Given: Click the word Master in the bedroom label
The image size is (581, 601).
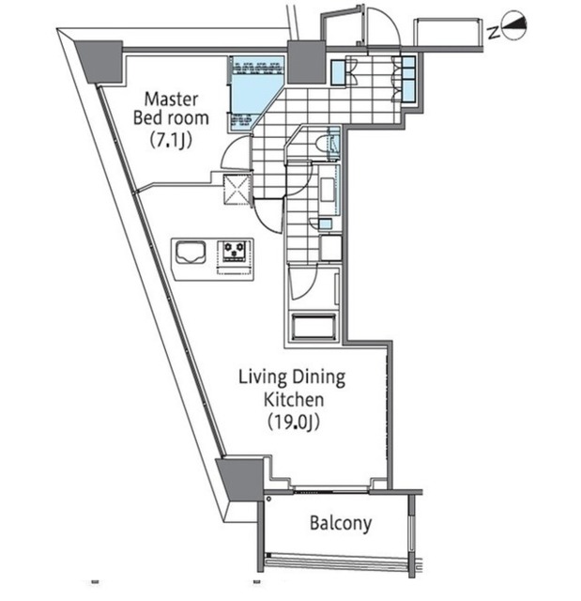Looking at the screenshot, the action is pyautogui.click(x=171, y=100).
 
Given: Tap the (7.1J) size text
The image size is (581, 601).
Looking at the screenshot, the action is pyautogui.click(x=171, y=140).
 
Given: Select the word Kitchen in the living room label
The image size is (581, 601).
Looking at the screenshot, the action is pyautogui.click(x=294, y=400).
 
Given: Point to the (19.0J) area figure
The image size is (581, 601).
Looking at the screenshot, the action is pyautogui.click(x=294, y=422).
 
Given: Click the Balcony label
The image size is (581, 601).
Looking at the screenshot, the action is pyautogui.click(x=341, y=523).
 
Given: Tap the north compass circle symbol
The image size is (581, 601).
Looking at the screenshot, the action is pyautogui.click(x=514, y=26).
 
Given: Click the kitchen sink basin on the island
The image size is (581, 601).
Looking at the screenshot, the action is pyautogui.click(x=191, y=253).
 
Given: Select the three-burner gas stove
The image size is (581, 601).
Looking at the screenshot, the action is pyautogui.click(x=235, y=252).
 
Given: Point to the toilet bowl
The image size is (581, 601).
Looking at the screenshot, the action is pyautogui.click(x=320, y=145).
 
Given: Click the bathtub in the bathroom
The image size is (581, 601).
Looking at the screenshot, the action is pyautogui.click(x=314, y=327).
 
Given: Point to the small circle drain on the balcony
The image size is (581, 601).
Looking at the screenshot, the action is pyautogui.click(x=268, y=499).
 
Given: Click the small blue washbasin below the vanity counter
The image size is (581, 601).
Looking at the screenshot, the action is pyautogui.click(x=326, y=223).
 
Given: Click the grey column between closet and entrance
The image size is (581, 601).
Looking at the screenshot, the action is pyautogui.click(x=306, y=63).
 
